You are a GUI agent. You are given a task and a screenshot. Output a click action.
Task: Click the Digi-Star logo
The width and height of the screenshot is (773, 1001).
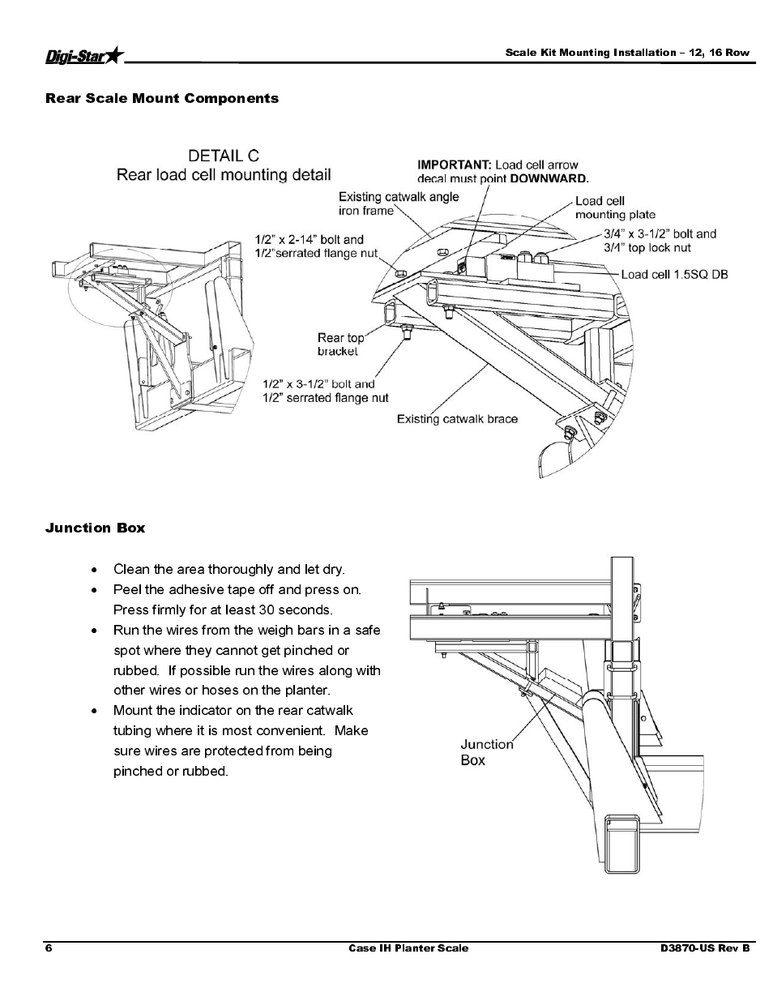pos(85,56)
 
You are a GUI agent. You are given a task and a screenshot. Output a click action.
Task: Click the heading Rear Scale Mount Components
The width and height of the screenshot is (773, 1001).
pos(162,98)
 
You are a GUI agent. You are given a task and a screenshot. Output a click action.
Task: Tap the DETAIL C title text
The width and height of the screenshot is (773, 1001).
pos(224,156)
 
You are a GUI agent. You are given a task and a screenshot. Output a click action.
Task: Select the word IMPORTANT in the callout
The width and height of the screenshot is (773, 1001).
pos(455,165)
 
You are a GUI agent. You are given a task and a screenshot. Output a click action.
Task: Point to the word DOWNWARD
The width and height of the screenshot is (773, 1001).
pos(549,179)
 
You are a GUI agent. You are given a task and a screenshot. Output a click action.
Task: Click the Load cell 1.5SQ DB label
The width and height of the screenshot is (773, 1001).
pos(674,275)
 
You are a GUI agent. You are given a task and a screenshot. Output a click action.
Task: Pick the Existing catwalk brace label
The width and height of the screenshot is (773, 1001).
pos(457,419)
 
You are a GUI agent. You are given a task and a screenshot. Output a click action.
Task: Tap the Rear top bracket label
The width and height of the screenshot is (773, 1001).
pos(340,344)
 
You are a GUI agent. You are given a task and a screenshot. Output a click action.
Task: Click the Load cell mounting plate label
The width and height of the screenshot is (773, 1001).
pos(615,207)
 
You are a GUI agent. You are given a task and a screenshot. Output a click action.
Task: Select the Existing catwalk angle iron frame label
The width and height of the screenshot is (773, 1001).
pos(399,203)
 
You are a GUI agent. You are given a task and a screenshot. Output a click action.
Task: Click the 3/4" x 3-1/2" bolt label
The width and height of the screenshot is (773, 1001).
pos(660,241)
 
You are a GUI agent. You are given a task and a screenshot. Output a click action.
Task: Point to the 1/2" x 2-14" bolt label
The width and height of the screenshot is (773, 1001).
pos(316,246)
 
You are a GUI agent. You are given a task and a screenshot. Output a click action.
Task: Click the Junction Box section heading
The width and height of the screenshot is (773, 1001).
pos(95,528)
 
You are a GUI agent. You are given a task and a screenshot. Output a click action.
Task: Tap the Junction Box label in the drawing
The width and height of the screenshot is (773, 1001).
pos(487,752)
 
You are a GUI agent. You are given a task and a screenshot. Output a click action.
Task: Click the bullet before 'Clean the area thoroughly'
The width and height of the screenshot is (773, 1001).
pos(94,571)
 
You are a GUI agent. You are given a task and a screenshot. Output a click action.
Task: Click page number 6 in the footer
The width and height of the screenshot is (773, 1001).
pos(49,948)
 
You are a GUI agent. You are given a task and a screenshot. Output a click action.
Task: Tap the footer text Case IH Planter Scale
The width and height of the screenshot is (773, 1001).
pos(408,948)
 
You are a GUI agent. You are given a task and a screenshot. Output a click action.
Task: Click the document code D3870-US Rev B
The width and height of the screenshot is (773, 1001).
pos(705,948)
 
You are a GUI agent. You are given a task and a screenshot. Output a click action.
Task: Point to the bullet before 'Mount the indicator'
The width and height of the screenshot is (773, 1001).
pos(94,712)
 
